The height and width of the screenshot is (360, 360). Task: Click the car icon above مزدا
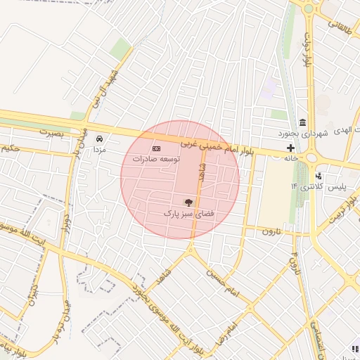100,139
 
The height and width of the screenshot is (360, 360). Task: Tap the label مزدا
100,150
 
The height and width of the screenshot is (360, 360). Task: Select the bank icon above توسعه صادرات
156,149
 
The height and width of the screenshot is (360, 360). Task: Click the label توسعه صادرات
157,160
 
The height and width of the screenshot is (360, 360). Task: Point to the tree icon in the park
187,202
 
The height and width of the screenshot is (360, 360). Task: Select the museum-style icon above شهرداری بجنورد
303,121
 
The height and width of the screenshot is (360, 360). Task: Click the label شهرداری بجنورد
303,132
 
